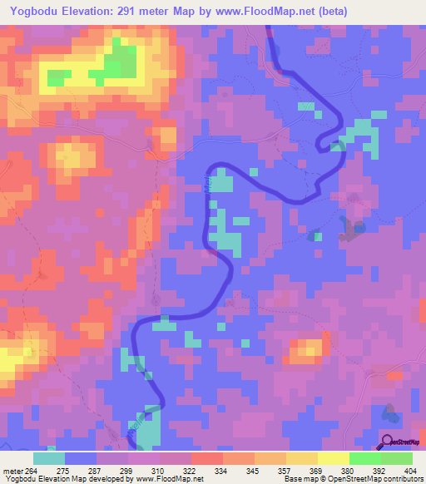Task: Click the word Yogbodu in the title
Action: coord(31,11)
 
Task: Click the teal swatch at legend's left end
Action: coord(48,457)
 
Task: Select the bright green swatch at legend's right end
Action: coord(397,457)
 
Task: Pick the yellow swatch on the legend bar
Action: coord(333,457)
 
